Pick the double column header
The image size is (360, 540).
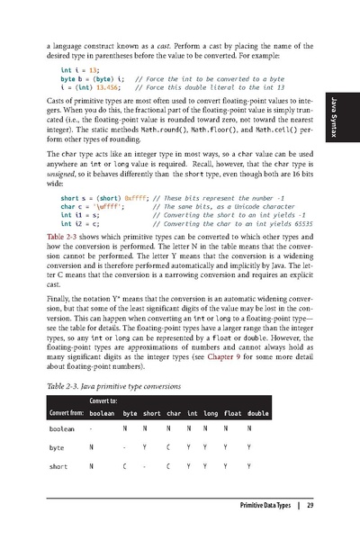tap(258, 413)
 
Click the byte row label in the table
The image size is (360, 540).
tap(57, 447)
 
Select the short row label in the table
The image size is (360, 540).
tap(58, 466)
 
